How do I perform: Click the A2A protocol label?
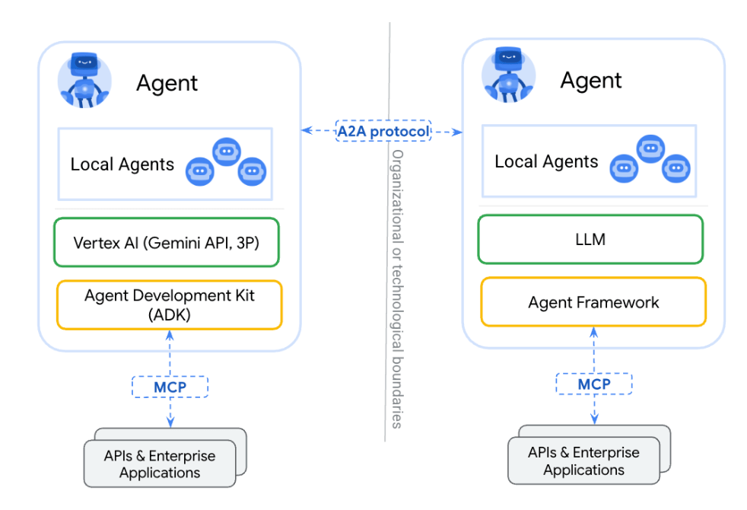[x=383, y=131]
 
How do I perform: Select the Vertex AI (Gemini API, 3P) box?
[x=167, y=243]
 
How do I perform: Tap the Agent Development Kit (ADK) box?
[x=169, y=304]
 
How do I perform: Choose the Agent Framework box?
[x=593, y=302]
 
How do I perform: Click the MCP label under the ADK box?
[x=170, y=386]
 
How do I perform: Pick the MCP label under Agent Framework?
[x=593, y=384]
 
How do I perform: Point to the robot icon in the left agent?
[x=84, y=81]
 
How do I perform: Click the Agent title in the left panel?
[x=167, y=83]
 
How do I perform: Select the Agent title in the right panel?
[x=591, y=80]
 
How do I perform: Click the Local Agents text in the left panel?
[x=122, y=164]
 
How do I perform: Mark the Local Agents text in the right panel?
[x=546, y=162]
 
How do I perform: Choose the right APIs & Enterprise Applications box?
[x=583, y=461]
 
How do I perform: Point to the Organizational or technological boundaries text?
[x=396, y=289]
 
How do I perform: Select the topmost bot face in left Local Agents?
[x=226, y=151]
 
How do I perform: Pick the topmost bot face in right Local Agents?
[x=650, y=149]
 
